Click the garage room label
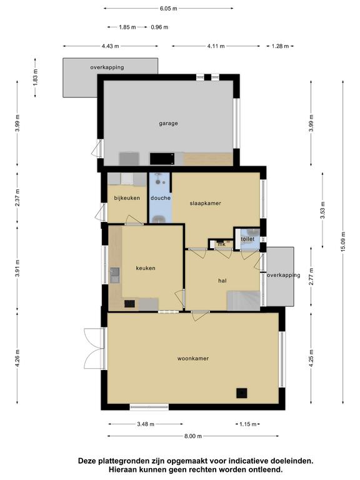click(x=168, y=123)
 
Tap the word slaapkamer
click(x=206, y=203)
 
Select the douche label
click(x=161, y=197)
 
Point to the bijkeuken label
click(x=127, y=197)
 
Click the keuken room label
click(x=146, y=268)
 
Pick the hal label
click(x=222, y=281)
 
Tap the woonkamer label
click(x=193, y=358)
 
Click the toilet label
click(x=247, y=239)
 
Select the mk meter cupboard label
click(x=222, y=244)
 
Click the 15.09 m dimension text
click(x=343, y=242)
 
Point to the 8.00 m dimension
click(x=193, y=436)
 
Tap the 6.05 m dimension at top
click(x=168, y=8)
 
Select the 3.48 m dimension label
click(x=146, y=424)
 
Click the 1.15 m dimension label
click(x=247, y=424)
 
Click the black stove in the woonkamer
click(x=241, y=393)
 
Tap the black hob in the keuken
click(x=129, y=304)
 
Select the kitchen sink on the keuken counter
click(x=115, y=275)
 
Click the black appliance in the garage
click(x=162, y=159)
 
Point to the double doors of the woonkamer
click(x=94, y=349)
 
